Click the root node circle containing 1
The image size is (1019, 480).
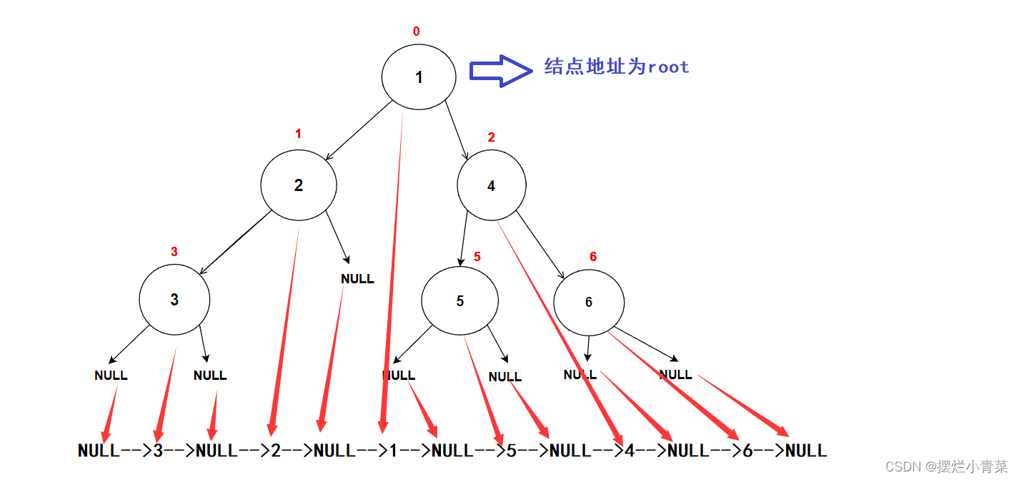click(x=419, y=77)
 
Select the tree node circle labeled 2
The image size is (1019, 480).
click(x=299, y=185)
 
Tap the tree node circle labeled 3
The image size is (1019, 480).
click(x=174, y=300)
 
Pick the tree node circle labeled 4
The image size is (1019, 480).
click(x=492, y=185)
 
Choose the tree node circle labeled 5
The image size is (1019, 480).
click(x=459, y=301)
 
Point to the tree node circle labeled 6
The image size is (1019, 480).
click(x=589, y=302)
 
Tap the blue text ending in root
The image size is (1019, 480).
click(x=617, y=67)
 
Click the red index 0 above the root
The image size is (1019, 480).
click(x=417, y=31)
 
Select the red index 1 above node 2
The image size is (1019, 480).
click(x=298, y=134)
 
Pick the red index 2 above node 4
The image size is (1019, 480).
click(x=491, y=137)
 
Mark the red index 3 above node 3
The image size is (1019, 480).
click(x=174, y=252)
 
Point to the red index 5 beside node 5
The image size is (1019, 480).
click(x=477, y=258)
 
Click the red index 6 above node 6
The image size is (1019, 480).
click(x=593, y=257)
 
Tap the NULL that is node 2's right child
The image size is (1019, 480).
click(x=357, y=279)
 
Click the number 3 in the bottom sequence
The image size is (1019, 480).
click(x=159, y=451)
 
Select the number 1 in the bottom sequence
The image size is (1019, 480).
click(x=394, y=451)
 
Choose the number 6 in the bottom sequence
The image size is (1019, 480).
click(x=747, y=451)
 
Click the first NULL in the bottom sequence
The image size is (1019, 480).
click(x=99, y=451)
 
